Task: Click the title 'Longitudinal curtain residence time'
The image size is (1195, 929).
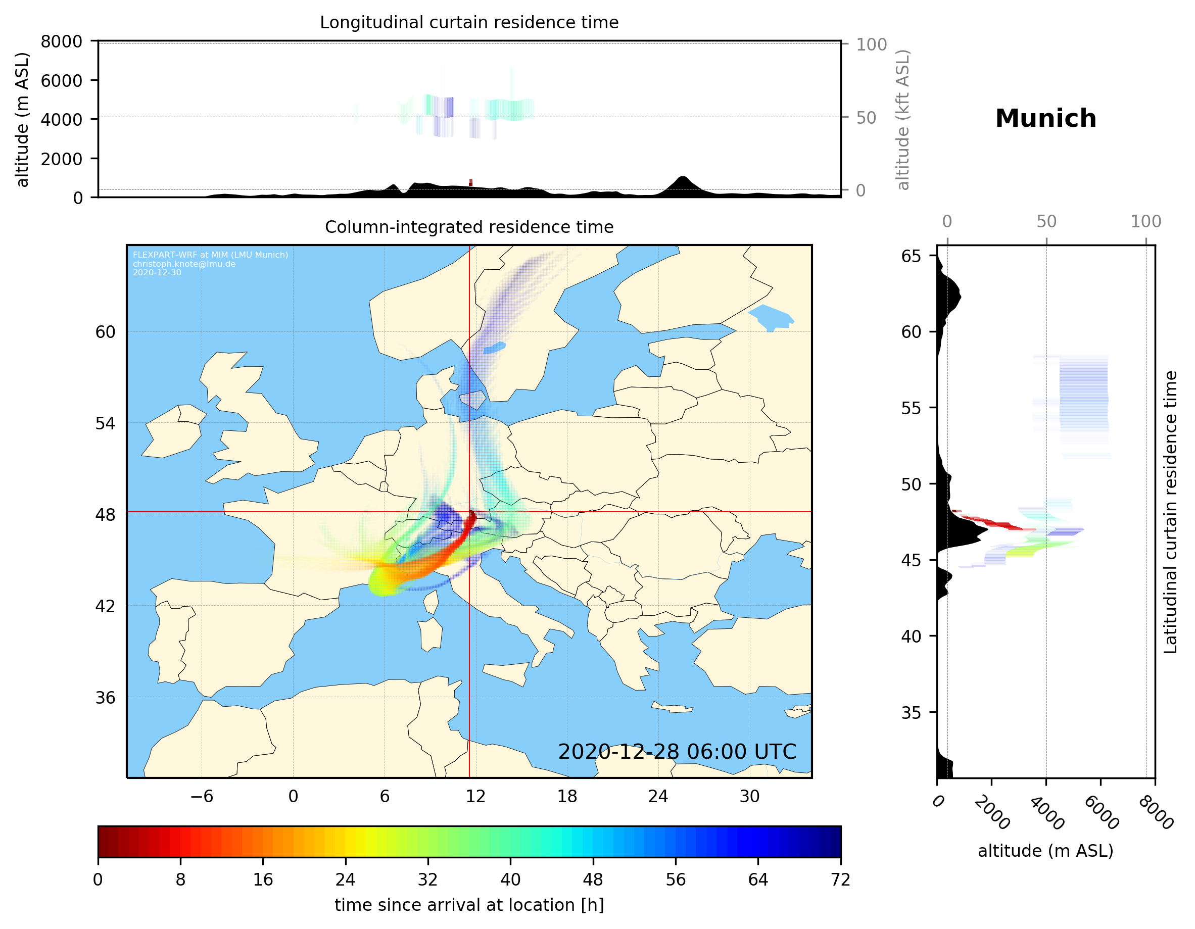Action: click(x=469, y=22)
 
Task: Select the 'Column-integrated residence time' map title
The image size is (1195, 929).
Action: click(x=469, y=227)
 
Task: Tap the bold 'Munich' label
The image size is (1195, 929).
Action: click(x=1045, y=119)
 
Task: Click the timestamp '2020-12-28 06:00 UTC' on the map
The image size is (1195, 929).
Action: click(x=677, y=752)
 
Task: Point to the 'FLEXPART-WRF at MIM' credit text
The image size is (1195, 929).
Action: click(x=210, y=255)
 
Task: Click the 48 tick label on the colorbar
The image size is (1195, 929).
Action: click(x=593, y=880)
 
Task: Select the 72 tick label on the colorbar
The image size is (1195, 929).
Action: click(x=840, y=880)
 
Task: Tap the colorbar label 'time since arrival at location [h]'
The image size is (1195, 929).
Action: click(x=469, y=905)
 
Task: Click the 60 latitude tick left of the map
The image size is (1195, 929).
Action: click(x=106, y=332)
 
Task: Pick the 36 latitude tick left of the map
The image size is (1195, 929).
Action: click(x=106, y=698)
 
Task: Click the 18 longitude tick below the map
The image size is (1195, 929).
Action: click(x=567, y=797)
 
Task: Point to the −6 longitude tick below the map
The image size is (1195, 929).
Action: click(x=201, y=797)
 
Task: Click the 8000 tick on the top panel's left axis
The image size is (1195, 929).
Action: click(x=61, y=41)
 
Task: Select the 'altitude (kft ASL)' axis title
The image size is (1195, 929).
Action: click(x=903, y=119)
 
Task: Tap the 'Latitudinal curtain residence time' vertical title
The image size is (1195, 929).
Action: click(x=1170, y=512)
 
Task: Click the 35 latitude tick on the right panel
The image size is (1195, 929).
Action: click(x=911, y=713)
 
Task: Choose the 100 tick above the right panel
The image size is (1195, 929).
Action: click(x=1146, y=222)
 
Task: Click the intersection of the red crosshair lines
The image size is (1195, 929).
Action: click(x=469, y=512)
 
